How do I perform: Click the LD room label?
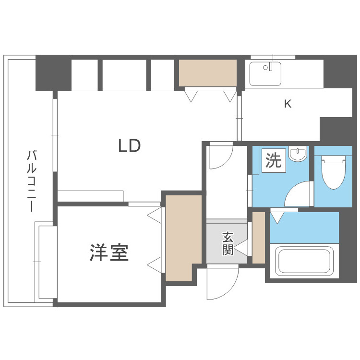pos(130,145)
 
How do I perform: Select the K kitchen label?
pos(288,104)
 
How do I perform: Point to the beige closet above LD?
pos(208,72)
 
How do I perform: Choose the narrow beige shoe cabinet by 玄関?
pos(258,237)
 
